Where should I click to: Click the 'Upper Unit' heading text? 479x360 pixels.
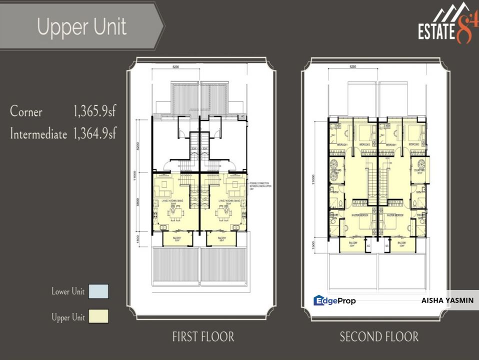pyautogui.click(x=82, y=27)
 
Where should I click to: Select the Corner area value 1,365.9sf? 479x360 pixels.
pyautogui.click(x=95, y=111)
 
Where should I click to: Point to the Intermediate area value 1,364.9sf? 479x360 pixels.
pyautogui.click(x=95, y=133)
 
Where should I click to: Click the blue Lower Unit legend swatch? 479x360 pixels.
pyautogui.click(x=98, y=291)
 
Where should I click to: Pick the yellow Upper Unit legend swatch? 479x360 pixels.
pyautogui.click(x=98, y=316)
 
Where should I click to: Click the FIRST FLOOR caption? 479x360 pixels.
pyautogui.click(x=202, y=337)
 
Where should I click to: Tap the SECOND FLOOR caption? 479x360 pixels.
pyautogui.click(x=379, y=337)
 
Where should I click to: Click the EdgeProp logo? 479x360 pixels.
pyautogui.click(x=334, y=300)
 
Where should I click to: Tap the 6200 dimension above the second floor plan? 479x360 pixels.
pyautogui.click(x=352, y=66)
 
